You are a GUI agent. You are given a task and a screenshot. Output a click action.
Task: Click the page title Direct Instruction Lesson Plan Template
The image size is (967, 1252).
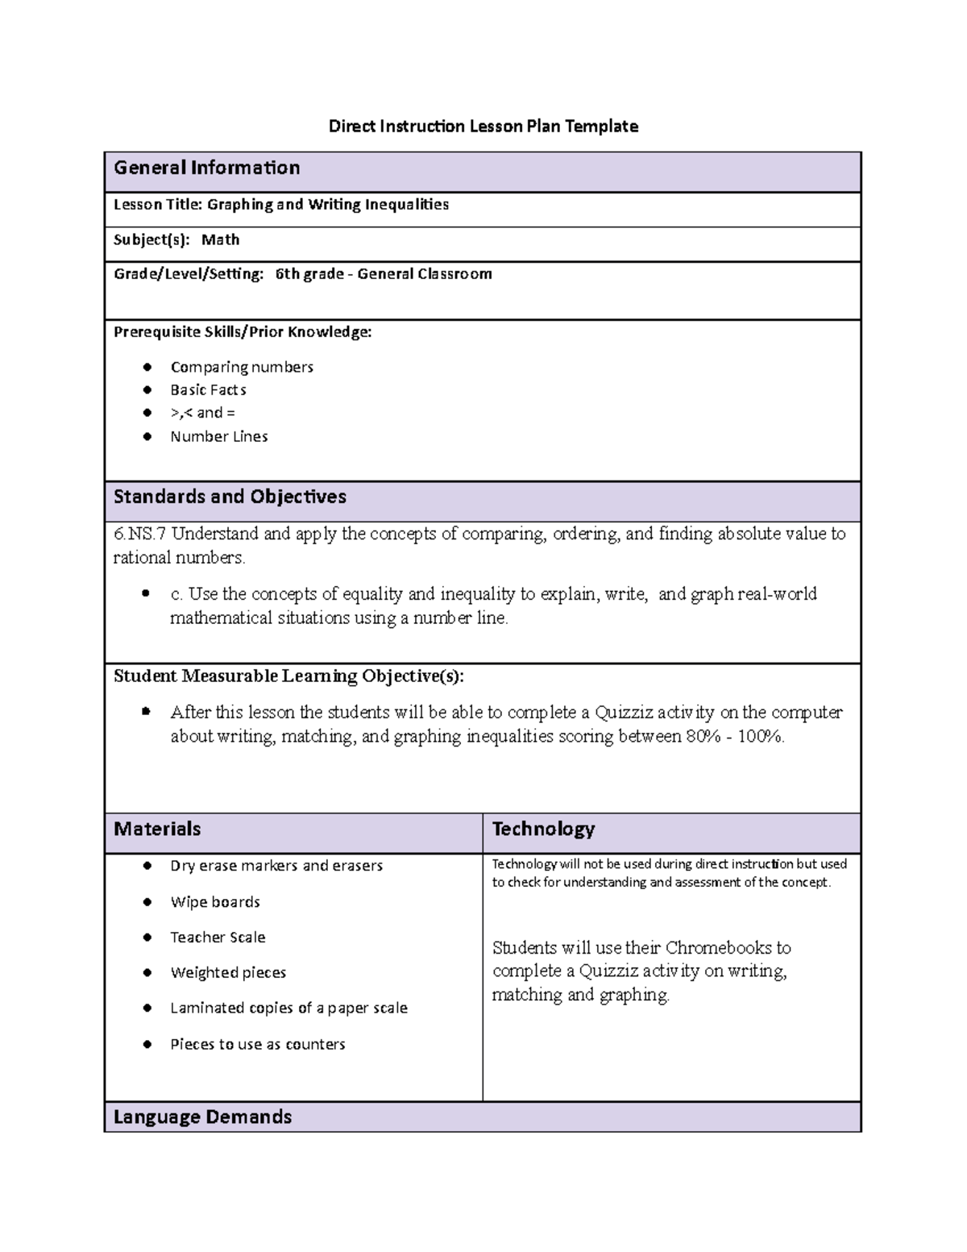483,126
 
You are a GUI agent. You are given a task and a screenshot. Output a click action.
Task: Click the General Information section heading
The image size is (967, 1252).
206,168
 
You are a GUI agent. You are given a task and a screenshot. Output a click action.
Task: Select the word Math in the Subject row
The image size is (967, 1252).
220,239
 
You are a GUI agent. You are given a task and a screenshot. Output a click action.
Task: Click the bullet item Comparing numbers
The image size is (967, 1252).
241,367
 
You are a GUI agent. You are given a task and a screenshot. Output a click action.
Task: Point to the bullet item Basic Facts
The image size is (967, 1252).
208,390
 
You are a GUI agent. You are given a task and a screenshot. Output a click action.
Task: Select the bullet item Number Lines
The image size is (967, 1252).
218,436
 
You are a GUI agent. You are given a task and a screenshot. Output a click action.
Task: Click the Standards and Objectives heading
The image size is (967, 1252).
230,497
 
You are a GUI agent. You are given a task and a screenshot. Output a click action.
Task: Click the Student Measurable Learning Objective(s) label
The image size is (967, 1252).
288,676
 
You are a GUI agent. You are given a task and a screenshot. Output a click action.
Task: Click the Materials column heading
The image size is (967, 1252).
157,829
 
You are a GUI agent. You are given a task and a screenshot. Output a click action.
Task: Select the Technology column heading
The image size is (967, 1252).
543,829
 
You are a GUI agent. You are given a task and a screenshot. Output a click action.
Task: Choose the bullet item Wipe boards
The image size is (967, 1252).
214,902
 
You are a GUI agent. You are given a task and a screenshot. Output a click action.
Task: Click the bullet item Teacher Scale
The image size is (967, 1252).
218,937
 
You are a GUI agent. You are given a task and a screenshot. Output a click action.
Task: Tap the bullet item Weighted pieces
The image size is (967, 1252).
228,972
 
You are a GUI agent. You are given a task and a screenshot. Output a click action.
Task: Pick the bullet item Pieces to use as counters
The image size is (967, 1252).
257,1044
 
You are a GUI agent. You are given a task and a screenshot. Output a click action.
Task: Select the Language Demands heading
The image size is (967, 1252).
202,1117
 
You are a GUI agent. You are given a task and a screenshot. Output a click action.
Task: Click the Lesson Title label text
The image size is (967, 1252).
158,205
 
